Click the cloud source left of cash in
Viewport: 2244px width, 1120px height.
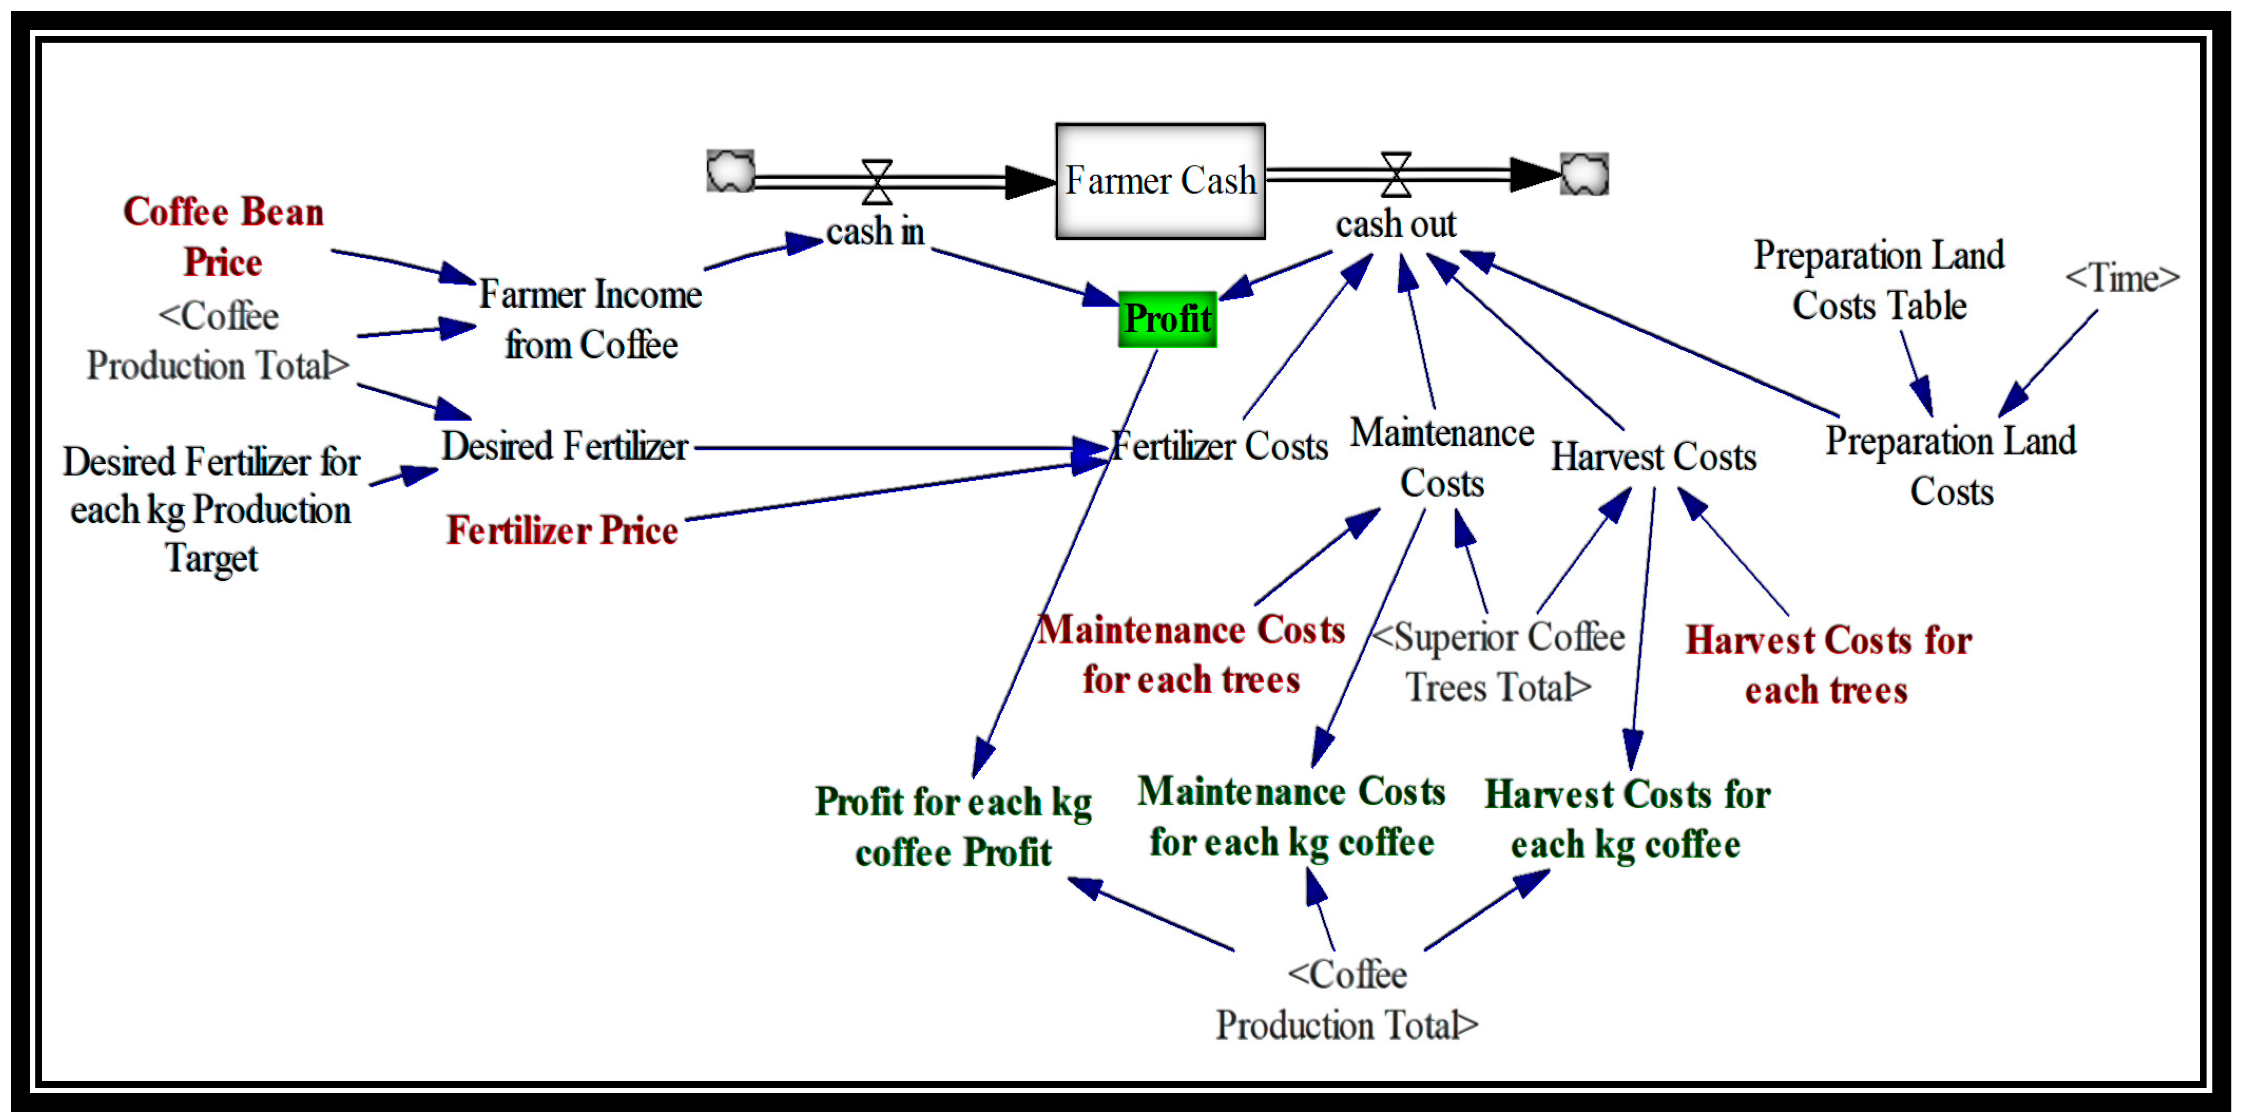point(730,171)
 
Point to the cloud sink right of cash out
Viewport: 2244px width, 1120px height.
point(1584,174)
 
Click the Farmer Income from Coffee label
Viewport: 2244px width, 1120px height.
point(591,319)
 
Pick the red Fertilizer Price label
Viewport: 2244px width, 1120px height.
point(562,530)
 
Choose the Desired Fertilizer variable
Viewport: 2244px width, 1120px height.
point(565,447)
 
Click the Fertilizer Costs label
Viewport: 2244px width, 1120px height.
point(1220,447)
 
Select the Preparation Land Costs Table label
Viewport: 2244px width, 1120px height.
point(1879,280)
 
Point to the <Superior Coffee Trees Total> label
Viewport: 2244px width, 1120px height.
point(1498,662)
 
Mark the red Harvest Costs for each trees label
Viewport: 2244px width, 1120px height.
point(1827,665)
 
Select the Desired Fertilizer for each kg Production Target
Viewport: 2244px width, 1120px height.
point(211,510)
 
